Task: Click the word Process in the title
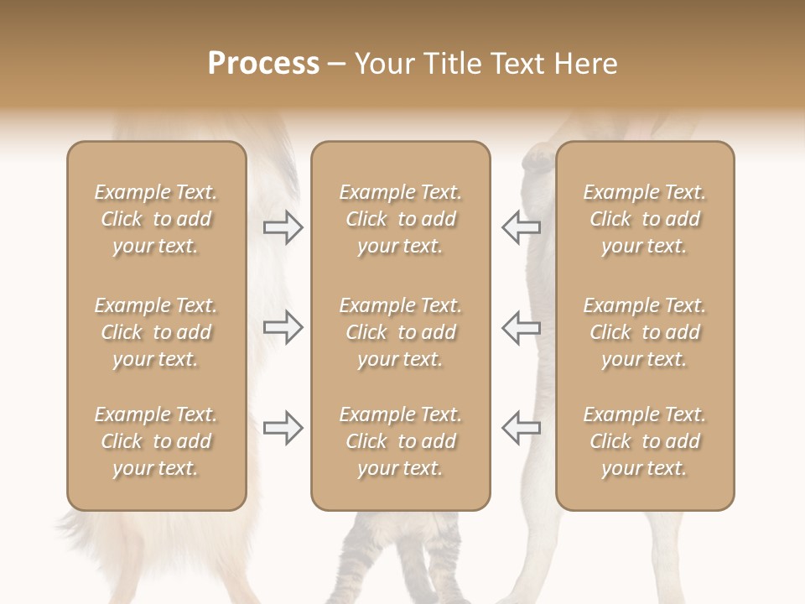pyautogui.click(x=263, y=64)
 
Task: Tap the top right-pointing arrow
pyautogui.click(x=283, y=227)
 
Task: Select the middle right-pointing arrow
pyautogui.click(x=283, y=327)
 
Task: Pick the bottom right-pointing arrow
pyautogui.click(x=283, y=428)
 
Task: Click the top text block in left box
pyautogui.click(x=156, y=219)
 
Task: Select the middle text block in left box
pyautogui.click(x=156, y=332)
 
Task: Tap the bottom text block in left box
pyautogui.click(x=156, y=441)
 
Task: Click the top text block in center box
pyautogui.click(x=400, y=219)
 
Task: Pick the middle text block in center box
pyautogui.click(x=400, y=332)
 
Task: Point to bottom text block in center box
pyautogui.click(x=400, y=441)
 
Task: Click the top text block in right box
pyautogui.click(x=644, y=219)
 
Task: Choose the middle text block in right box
pyautogui.click(x=644, y=332)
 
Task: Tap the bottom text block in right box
pyautogui.click(x=644, y=441)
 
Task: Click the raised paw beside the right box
pyautogui.click(x=537, y=159)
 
